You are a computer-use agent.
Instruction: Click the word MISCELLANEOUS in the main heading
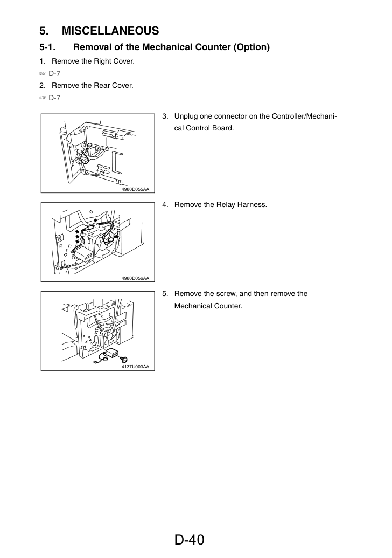pyautogui.click(x=110, y=31)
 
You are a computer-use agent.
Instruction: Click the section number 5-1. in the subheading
pyautogui.click(x=47, y=47)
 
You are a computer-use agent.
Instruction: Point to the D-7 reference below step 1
pyautogui.click(x=54, y=74)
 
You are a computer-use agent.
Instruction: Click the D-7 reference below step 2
pyautogui.click(x=54, y=98)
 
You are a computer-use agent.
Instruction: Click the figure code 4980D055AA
pyautogui.click(x=135, y=189)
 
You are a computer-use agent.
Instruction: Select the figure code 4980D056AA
pyautogui.click(x=135, y=278)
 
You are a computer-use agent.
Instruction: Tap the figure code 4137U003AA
pyautogui.click(x=135, y=367)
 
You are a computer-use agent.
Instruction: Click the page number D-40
pyautogui.click(x=190, y=540)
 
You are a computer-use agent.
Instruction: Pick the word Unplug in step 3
pyautogui.click(x=186, y=117)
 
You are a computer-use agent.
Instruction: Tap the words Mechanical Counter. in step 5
pyautogui.click(x=208, y=306)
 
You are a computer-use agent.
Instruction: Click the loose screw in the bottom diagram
pyautogui.click(x=124, y=359)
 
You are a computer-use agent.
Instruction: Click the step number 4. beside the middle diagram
pyautogui.click(x=165, y=205)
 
